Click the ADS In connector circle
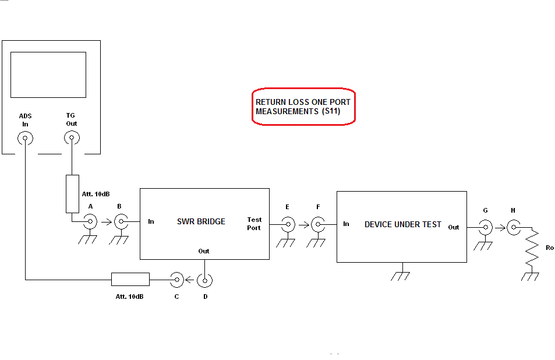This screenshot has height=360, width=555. click(x=25, y=139)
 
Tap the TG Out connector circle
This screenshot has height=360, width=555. click(x=71, y=139)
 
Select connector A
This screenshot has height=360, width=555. click(x=90, y=221)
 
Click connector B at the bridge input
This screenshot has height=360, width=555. click(x=120, y=221)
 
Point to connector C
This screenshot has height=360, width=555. click(x=176, y=281)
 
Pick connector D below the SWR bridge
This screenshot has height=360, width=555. click(x=204, y=281)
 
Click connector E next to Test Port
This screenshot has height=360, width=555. click(x=288, y=224)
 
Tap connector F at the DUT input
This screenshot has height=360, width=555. click(x=317, y=224)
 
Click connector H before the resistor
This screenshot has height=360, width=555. click(x=513, y=227)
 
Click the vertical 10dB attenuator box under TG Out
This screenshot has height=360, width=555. click(x=72, y=193)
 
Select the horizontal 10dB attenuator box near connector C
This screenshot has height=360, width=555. click(x=130, y=279)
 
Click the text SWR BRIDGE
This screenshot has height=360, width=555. click(x=201, y=221)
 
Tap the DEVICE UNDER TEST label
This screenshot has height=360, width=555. click(x=402, y=224)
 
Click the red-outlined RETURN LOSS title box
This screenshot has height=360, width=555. click(x=303, y=106)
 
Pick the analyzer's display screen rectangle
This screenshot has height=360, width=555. click(x=48, y=75)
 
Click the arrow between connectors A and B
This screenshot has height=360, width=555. click(x=105, y=221)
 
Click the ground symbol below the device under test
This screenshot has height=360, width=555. click(x=400, y=274)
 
